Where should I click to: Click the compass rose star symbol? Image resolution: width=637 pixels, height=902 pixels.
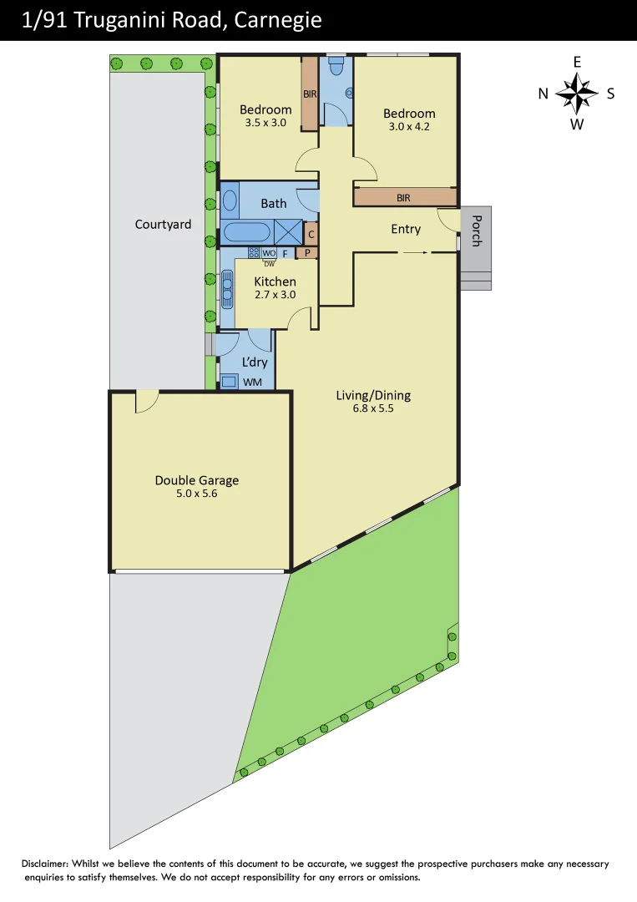click(576, 94)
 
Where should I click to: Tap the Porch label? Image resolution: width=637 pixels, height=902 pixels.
click(477, 231)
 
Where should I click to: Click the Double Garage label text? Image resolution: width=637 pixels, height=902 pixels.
click(196, 480)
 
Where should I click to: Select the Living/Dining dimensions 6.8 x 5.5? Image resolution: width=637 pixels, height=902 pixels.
click(373, 410)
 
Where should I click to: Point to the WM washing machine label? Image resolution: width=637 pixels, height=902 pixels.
click(251, 383)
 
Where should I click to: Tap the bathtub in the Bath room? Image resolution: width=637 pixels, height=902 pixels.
click(246, 232)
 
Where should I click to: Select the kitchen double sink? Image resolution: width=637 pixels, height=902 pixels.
click(226, 288)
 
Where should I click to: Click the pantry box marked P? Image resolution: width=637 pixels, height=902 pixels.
click(307, 253)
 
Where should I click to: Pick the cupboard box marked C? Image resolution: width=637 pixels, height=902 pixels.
click(310, 235)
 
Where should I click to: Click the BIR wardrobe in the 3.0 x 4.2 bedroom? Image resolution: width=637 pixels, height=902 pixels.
click(405, 197)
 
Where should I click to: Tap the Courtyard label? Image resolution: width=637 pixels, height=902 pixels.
click(163, 224)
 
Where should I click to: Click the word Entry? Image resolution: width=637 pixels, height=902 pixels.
click(406, 229)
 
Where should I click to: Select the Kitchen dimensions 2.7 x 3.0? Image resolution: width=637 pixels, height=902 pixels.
click(275, 295)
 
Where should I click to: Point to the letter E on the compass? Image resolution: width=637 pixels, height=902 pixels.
click(576, 62)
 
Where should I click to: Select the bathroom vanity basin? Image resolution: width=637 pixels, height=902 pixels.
click(230, 201)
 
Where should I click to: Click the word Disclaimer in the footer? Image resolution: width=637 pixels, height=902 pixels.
click(49, 864)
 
